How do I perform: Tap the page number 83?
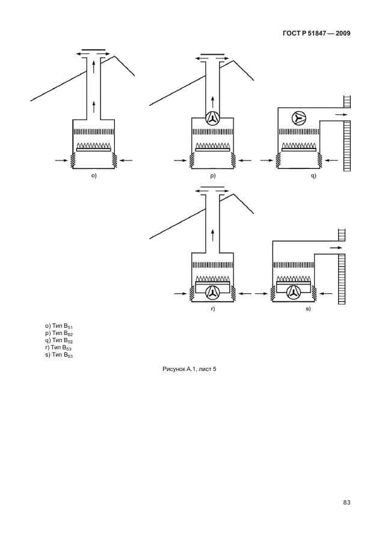click(347, 503)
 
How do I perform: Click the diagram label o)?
click(94, 176)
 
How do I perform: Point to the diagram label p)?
click(213, 176)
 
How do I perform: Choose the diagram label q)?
click(313, 176)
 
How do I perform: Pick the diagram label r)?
click(213, 308)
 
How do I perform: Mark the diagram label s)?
click(307, 308)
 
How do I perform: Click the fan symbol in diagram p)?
click(212, 119)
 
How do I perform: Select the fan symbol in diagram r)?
click(212, 293)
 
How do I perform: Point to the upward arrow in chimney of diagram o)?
click(94, 107)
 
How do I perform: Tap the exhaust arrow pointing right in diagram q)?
click(340, 114)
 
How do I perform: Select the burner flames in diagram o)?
click(93, 146)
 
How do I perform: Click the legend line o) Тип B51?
click(59, 327)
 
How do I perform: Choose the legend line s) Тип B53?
click(59, 354)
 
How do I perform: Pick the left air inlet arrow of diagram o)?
click(61, 160)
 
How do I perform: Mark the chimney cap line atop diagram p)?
click(212, 54)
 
